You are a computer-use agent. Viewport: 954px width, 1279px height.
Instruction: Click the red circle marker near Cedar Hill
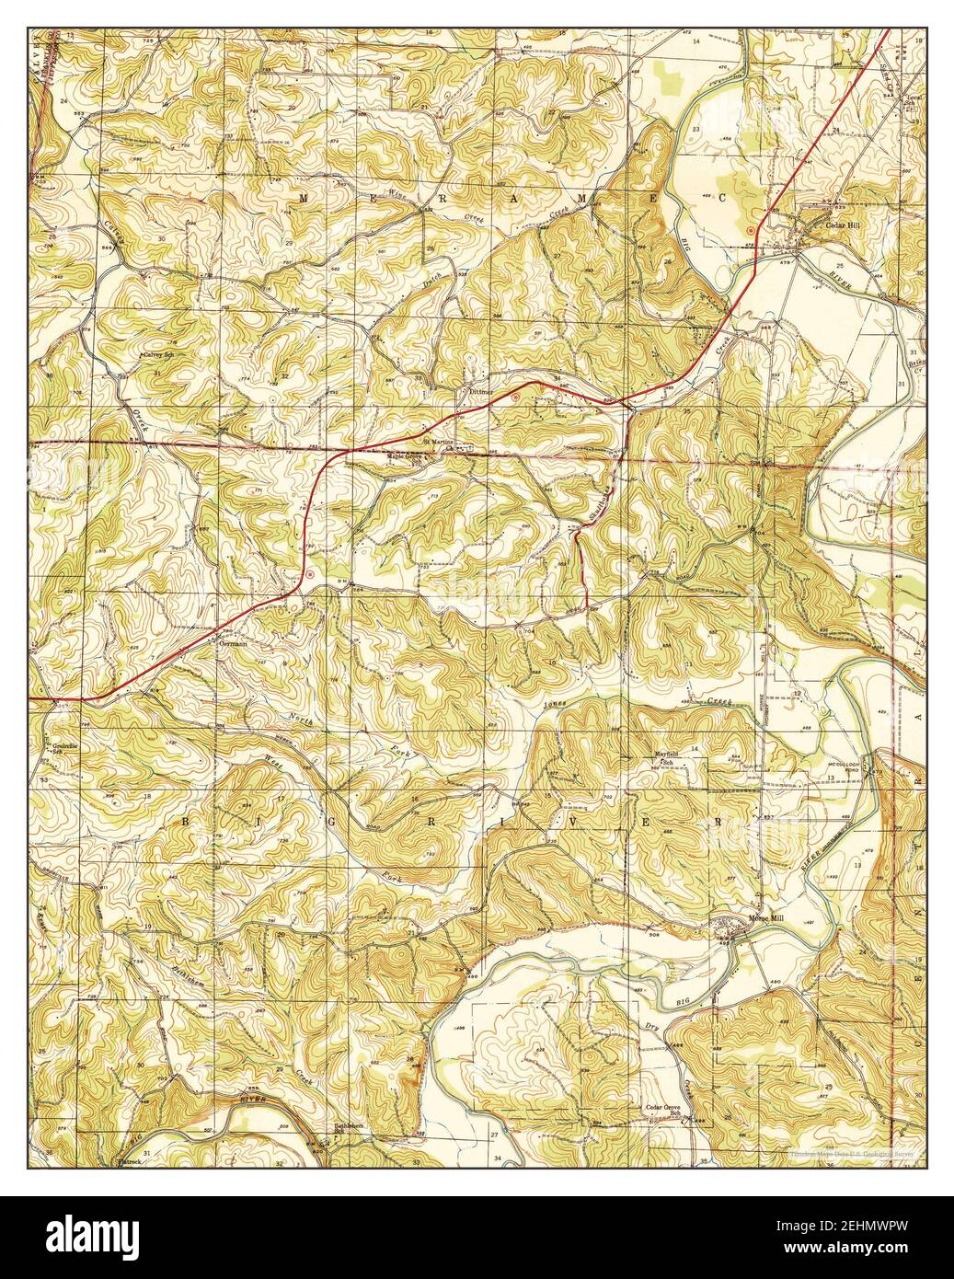pyautogui.click(x=751, y=228)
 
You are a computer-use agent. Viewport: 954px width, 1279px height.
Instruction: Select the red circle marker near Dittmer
pyautogui.click(x=515, y=397)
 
